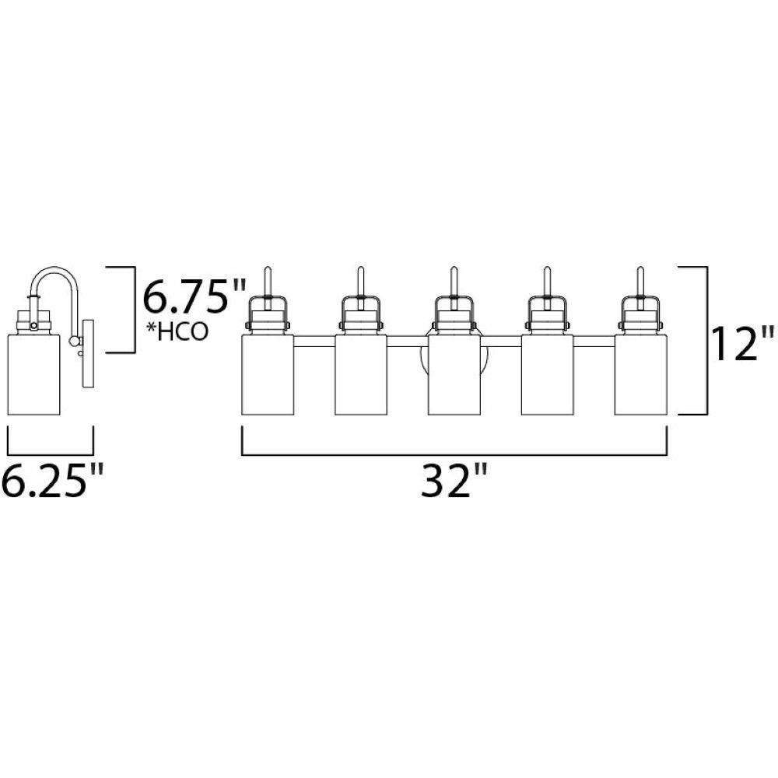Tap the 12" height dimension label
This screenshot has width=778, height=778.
[741, 343]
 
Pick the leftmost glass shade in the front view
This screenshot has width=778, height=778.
[268, 375]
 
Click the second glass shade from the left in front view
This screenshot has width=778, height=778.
[361, 375]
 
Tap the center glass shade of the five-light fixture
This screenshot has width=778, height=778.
[454, 375]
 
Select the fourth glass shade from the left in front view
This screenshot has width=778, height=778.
[547, 375]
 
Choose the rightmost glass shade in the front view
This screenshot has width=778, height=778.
[640, 375]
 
